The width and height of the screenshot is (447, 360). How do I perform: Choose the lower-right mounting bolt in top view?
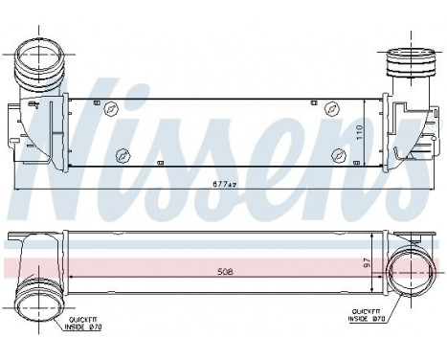point(336,155)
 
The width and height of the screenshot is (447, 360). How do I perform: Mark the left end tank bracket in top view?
point(29,129)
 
